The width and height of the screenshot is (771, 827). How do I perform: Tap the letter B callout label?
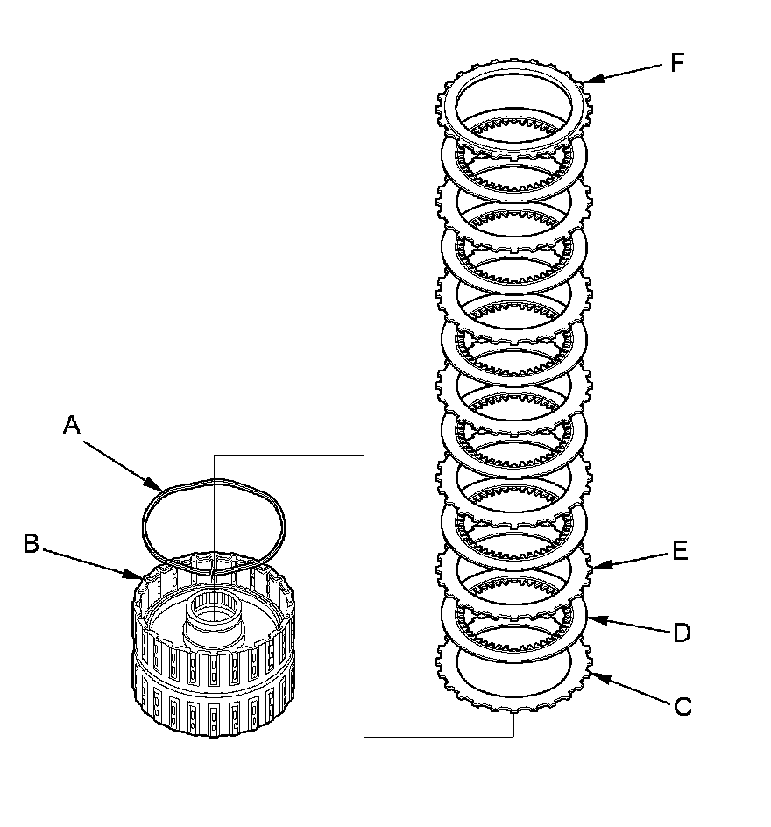(31, 544)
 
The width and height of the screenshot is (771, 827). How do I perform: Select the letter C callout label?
(683, 706)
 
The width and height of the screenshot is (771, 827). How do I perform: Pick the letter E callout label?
(680, 551)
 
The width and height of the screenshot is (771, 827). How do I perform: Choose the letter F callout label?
(676, 62)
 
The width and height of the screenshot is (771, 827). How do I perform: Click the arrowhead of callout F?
(584, 81)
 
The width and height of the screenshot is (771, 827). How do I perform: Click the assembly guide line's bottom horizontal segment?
(438, 737)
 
